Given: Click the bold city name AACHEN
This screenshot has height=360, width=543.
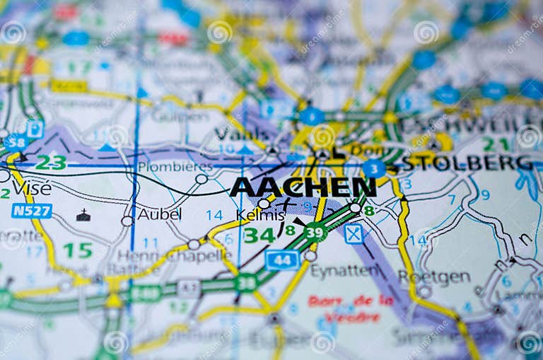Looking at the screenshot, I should tap(303, 187).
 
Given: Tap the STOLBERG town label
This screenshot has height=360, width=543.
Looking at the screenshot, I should tap(467, 163).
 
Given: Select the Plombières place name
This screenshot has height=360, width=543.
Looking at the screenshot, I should tap(175, 167).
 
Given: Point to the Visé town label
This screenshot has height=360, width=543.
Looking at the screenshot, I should tap(31, 188).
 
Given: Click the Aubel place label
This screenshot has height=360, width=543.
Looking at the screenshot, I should tap(159, 214).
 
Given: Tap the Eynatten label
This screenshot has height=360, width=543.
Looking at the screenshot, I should tap(344, 271).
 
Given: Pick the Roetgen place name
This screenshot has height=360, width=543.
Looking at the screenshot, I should tap(433, 277).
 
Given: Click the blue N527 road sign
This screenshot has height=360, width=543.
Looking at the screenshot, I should tap(32, 210).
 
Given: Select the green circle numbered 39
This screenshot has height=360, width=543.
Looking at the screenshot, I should tap(315, 232).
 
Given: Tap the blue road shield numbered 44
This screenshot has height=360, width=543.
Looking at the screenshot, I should tap(282, 260).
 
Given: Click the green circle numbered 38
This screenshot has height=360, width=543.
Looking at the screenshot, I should tap(245, 283).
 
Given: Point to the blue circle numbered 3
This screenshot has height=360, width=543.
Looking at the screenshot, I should tap(373, 168).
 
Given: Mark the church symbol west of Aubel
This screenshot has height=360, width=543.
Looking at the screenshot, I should tap(83, 215).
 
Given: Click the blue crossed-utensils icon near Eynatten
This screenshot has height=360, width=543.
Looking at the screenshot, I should tap(354, 233).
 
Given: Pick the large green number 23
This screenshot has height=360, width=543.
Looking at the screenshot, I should tap(50, 163).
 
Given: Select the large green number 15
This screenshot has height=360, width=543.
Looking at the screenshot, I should tap(77, 250).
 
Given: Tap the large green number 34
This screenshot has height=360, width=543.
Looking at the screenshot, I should tap(259, 234).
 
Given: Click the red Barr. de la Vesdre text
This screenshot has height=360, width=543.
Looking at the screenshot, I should tap(351, 308).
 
